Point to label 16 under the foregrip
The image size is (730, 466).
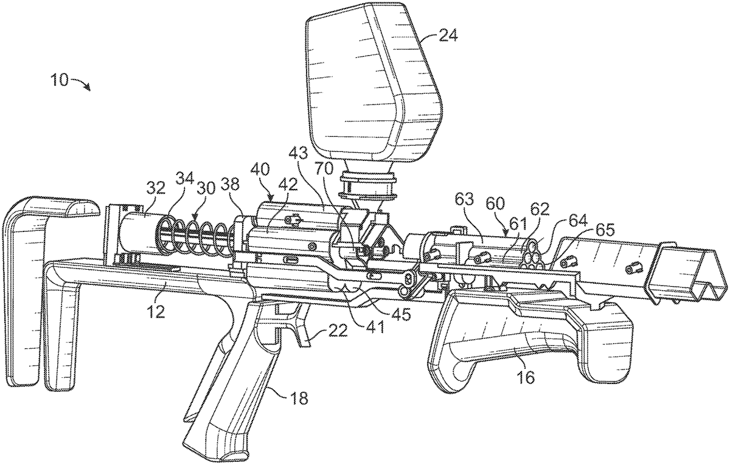click(x=527, y=378)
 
